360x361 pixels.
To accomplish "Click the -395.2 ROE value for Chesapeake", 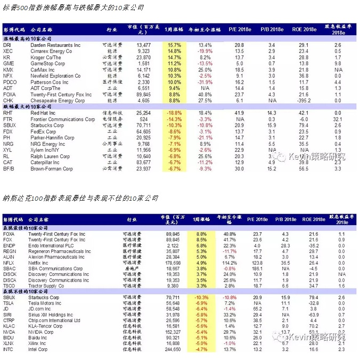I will (x=304, y=100).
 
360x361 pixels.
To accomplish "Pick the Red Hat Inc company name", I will (x=42, y=113).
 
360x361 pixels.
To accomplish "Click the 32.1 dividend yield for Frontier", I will (x=337, y=120).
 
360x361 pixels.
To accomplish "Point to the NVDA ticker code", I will (x=9, y=332).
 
